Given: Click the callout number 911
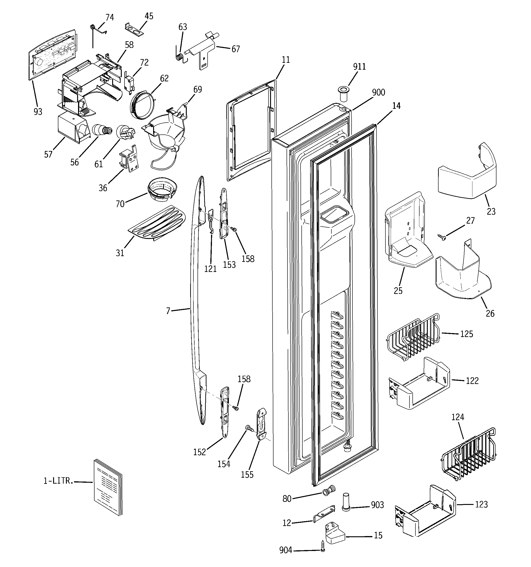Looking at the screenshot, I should [x=359, y=66].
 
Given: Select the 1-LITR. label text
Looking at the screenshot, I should [x=58, y=481].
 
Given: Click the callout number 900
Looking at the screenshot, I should [x=378, y=92].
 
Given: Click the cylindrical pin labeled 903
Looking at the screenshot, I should [x=346, y=503].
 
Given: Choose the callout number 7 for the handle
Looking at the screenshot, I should [x=168, y=311].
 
